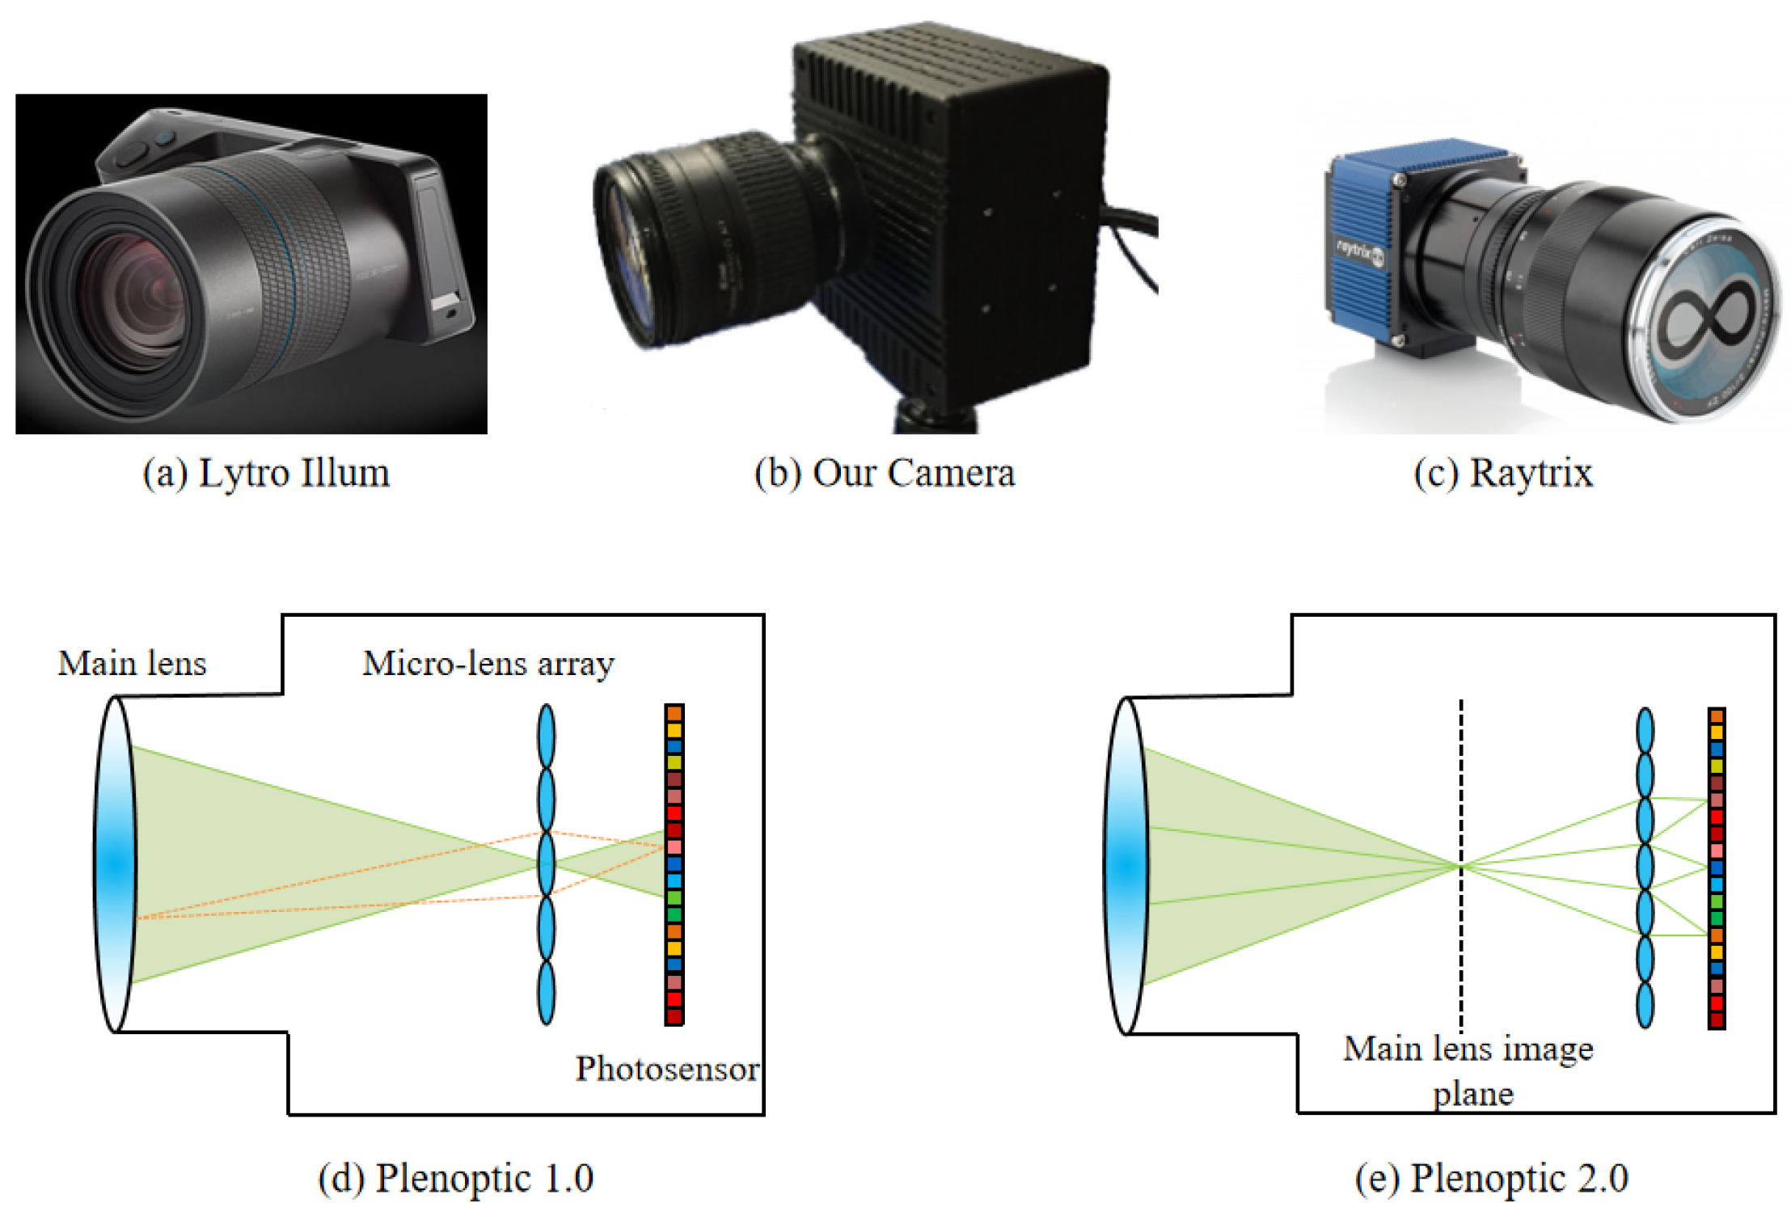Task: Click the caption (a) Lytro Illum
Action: pos(266,473)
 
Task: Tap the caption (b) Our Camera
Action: pos(884,473)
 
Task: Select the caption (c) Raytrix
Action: pos(1503,473)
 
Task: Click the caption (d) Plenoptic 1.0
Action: pos(455,1178)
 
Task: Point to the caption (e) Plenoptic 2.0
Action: pos(1491,1178)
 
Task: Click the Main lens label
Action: pos(132,664)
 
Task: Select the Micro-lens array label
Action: pos(488,664)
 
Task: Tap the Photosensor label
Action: pos(666,1069)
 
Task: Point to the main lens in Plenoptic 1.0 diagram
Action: pos(115,864)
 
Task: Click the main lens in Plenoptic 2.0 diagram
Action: pos(1126,866)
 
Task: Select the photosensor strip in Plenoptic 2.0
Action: pos(1716,868)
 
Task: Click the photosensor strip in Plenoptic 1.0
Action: pos(674,864)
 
